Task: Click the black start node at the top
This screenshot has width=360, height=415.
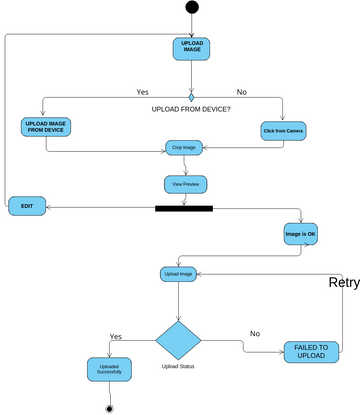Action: click(x=191, y=8)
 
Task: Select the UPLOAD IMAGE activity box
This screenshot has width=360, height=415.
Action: click(x=191, y=48)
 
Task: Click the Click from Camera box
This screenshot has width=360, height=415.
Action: click(x=284, y=131)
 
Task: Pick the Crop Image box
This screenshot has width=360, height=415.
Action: click(x=183, y=147)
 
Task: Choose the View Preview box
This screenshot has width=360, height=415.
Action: click(x=183, y=184)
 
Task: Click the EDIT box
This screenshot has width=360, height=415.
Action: click(x=27, y=207)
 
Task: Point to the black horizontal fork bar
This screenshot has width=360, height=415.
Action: click(x=184, y=209)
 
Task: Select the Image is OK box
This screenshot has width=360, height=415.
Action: click(x=301, y=234)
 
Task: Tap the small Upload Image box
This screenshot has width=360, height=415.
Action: click(x=179, y=273)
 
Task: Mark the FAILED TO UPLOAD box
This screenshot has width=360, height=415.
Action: click(x=311, y=351)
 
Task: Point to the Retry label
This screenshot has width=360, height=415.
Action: click(x=343, y=282)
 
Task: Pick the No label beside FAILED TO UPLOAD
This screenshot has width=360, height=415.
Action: click(x=254, y=333)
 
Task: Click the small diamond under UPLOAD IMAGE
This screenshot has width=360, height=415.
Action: click(x=191, y=96)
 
